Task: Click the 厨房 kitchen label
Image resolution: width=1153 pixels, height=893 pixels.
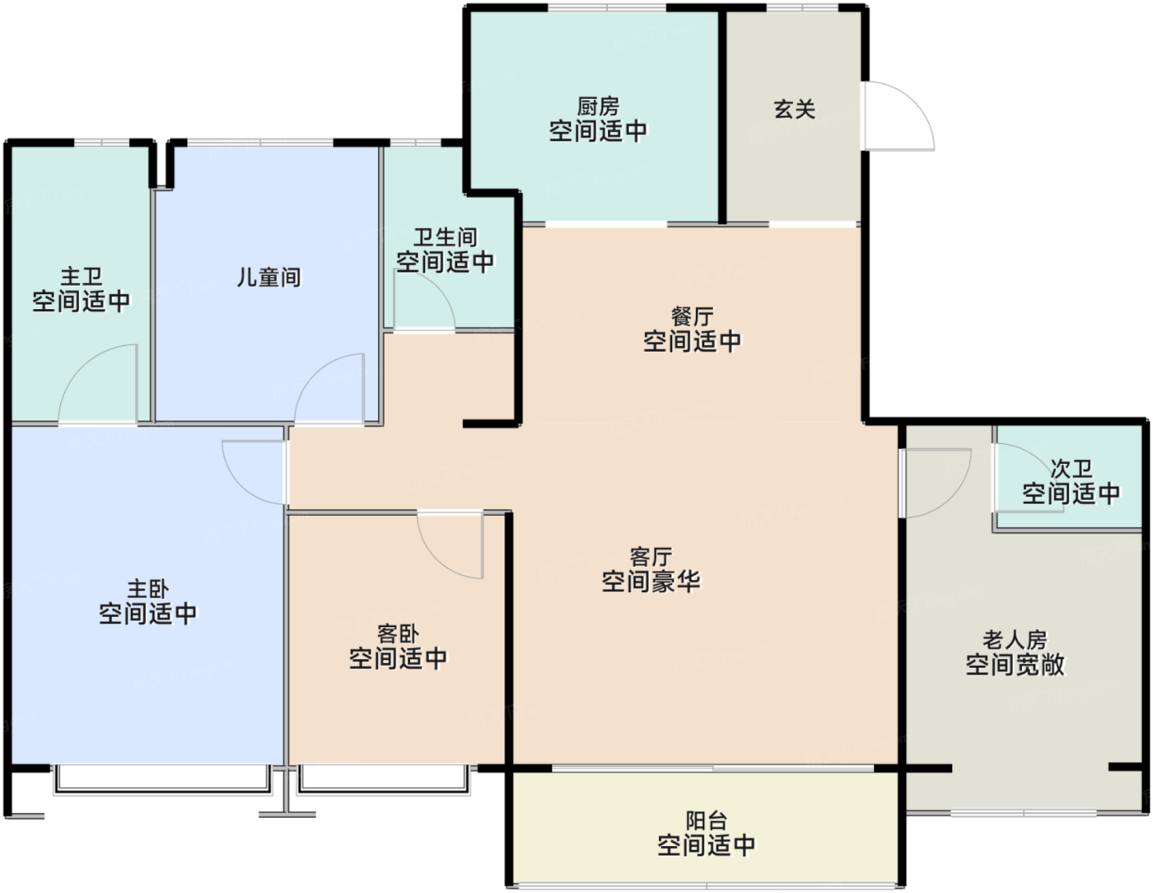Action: point(598,106)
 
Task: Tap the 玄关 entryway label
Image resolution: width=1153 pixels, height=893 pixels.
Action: point(794,109)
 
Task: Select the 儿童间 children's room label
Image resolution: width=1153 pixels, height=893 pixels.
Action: point(268,278)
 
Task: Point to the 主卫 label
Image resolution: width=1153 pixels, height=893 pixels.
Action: point(81,277)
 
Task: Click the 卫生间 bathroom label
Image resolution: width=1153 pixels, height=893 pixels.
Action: point(445,238)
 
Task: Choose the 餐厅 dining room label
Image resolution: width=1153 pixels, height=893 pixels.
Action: point(692,316)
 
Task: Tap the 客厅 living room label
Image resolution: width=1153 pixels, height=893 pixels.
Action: point(651,558)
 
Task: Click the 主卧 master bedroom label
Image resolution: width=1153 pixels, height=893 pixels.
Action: point(147,589)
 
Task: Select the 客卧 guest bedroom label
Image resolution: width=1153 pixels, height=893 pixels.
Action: point(398,634)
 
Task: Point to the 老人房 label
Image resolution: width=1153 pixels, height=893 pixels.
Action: point(1015,639)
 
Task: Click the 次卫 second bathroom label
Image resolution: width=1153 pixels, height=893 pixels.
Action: point(1071,470)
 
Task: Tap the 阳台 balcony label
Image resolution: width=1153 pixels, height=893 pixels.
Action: point(706,821)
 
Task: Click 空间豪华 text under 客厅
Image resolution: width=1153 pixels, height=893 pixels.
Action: point(651,582)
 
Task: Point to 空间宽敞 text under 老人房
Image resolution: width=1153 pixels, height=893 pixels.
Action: point(1015,664)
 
